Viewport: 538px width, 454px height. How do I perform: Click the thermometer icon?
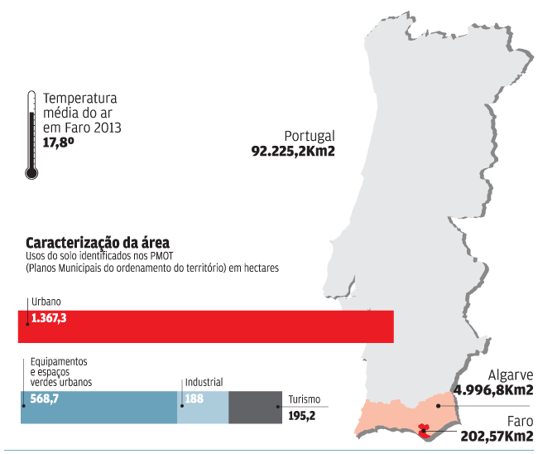tap(31, 135)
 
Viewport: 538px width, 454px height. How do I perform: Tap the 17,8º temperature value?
tap(59, 142)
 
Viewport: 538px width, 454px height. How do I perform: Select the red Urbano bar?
tap(207, 326)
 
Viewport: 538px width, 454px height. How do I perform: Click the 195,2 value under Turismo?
tap(301, 415)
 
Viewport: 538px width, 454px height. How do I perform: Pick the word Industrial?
tap(204, 383)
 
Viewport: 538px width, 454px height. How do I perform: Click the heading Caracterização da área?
tap(98, 243)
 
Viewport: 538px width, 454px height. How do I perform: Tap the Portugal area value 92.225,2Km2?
tap(292, 152)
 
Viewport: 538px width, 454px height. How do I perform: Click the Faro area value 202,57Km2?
tap(496, 437)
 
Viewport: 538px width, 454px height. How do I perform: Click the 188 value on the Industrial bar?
tap(194, 398)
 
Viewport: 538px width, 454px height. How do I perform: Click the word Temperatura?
tap(80, 99)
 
